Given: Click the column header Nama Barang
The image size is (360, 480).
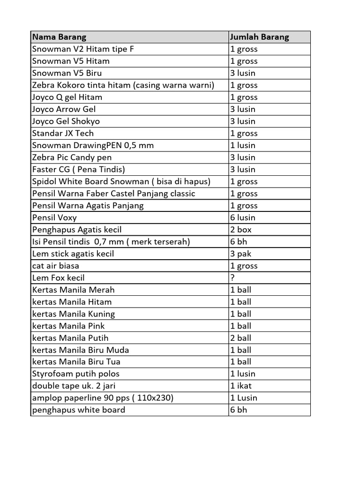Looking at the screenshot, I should [59, 37].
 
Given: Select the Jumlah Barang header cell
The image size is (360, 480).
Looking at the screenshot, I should [259, 37].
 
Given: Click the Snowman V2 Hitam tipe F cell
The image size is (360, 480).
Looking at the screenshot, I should [83, 49].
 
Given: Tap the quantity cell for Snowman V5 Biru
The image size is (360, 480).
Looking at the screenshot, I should [243, 73].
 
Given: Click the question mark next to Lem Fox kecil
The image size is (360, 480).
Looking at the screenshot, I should [232, 278].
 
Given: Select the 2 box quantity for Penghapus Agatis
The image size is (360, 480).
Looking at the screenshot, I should [241, 230].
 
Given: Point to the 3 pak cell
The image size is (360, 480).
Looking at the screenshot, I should [241, 254].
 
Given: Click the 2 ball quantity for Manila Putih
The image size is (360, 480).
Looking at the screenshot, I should [241, 338].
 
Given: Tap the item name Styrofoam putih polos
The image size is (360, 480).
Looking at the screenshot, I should [76, 374].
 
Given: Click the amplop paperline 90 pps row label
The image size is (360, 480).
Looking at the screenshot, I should [103, 398].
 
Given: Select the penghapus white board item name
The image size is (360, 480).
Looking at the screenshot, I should [79, 410].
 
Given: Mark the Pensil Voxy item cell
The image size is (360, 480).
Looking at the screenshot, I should [54, 217].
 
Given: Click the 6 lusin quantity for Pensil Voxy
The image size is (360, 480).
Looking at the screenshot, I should [243, 217].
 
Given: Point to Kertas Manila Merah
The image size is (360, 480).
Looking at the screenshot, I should [74, 290].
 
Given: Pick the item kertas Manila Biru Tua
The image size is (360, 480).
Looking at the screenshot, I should [76, 362].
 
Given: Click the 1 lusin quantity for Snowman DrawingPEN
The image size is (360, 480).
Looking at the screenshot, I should [243, 145].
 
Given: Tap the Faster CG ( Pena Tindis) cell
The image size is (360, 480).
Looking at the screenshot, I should [78, 169].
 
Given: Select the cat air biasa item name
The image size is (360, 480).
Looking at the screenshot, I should [56, 266].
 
